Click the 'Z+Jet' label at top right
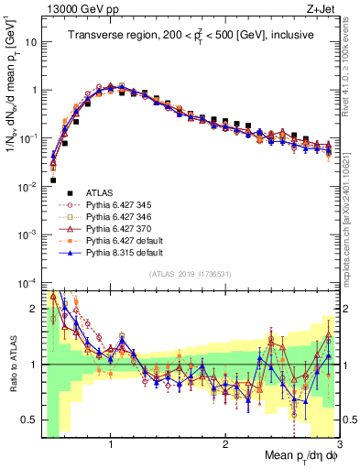pyautogui.click(x=323, y=8)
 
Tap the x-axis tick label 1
pyautogui.click(x=111, y=442)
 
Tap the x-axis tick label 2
pyautogui.click(x=225, y=442)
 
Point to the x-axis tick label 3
pyautogui.click(x=338, y=442)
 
